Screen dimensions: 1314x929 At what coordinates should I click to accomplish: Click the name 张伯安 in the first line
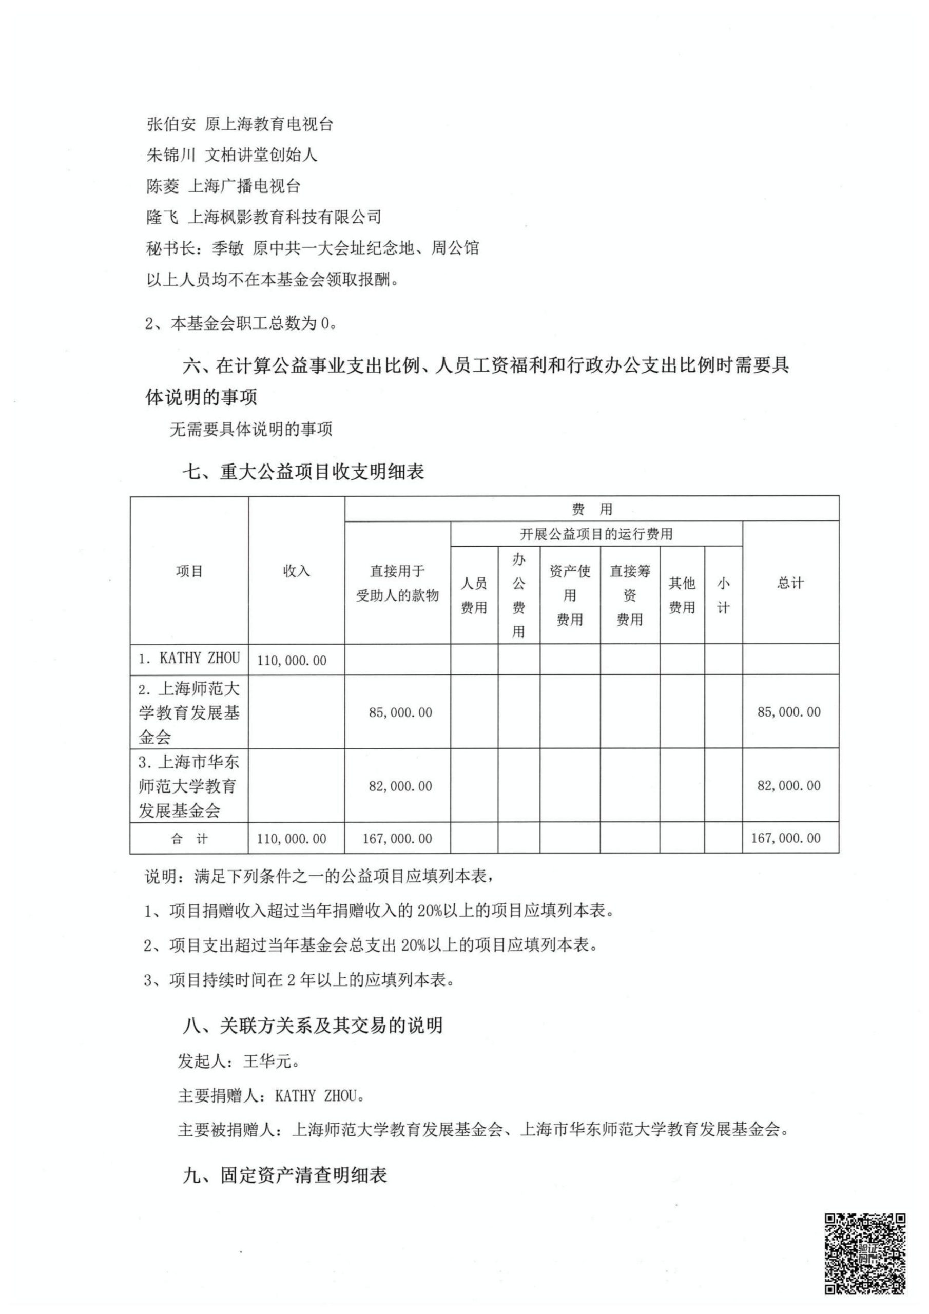(x=171, y=124)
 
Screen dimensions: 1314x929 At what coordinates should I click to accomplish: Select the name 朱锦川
(x=171, y=155)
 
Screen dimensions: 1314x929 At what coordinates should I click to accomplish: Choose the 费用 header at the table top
(x=592, y=509)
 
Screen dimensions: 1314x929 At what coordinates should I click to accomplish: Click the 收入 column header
(x=297, y=571)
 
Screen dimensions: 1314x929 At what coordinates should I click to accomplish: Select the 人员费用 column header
(x=474, y=595)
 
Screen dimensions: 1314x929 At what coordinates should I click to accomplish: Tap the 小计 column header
(x=724, y=595)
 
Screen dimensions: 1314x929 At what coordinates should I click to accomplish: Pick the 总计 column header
(x=790, y=583)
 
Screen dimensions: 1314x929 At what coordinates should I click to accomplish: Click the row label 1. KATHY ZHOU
(x=189, y=659)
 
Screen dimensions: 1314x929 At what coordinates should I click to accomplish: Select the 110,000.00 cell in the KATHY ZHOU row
(x=292, y=661)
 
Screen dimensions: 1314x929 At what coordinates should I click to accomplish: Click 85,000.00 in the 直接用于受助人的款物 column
(x=401, y=712)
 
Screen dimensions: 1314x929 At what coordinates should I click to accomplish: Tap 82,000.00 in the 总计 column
(x=789, y=786)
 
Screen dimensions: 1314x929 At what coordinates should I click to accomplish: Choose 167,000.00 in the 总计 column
(x=786, y=838)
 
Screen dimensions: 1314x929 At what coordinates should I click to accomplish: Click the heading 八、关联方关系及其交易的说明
(x=313, y=1025)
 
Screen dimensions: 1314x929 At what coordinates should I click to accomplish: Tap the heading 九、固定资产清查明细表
(x=285, y=1175)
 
